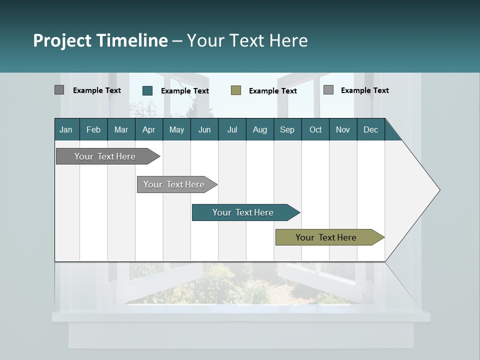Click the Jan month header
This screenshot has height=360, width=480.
point(66,129)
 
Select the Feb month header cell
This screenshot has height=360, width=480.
point(93,129)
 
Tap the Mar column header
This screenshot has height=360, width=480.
point(121,129)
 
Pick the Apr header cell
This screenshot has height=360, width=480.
point(149,129)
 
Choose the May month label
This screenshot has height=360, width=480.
point(176,129)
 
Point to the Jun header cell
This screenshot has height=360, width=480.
point(204,129)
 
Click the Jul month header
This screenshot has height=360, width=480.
point(232,129)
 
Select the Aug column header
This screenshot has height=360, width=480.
point(260,129)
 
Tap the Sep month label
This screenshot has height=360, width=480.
point(287,129)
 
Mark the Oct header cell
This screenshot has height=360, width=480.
point(315,129)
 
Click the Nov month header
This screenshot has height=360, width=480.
point(343,129)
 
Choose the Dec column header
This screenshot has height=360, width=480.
point(371,129)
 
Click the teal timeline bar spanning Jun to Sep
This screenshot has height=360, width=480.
point(243,212)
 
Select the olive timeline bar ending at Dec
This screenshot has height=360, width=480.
point(326,237)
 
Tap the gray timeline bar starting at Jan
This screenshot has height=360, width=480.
point(105,156)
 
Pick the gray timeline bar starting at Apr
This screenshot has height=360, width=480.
point(174,184)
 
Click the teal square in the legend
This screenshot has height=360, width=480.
point(147,90)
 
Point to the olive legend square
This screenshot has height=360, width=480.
point(236,90)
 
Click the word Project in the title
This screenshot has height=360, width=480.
point(62,40)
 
